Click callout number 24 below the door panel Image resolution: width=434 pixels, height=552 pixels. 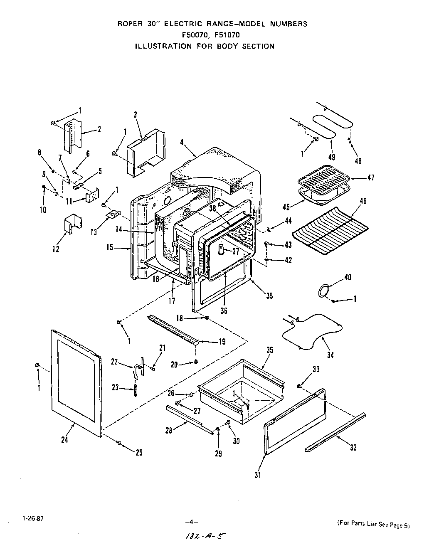64,440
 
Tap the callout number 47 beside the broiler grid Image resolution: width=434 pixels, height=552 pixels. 371,177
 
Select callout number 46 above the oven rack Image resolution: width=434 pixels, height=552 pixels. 363,201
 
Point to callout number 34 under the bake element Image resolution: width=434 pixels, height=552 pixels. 330,355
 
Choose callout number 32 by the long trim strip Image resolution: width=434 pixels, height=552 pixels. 353,448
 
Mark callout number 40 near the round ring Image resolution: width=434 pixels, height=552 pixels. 348,277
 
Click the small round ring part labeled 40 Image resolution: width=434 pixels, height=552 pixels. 324,290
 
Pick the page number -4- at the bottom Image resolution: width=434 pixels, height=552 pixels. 191,522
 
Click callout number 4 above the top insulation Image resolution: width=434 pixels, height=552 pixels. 182,142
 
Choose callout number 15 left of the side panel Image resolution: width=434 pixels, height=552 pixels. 109,247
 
